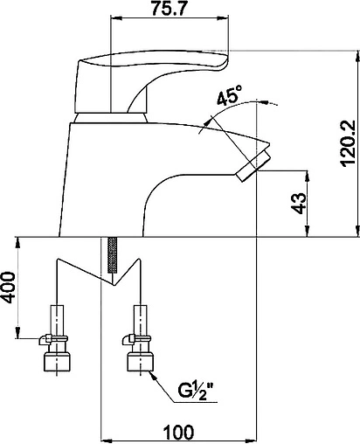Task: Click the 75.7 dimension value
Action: (x=169, y=9)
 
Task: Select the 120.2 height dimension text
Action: (x=349, y=143)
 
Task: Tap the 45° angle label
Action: (x=229, y=95)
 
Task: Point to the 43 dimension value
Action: (x=300, y=204)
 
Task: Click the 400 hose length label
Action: (x=8, y=288)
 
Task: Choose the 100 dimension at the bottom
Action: (x=178, y=432)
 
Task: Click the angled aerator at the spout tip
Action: (x=253, y=165)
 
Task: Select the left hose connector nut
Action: (x=57, y=362)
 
